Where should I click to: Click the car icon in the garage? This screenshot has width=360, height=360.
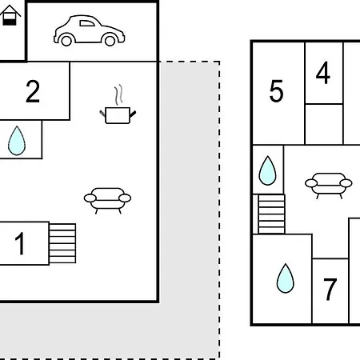[x=89, y=30]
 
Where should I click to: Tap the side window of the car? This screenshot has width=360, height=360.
[x=87, y=23]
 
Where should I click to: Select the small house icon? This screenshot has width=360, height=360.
[x=10, y=15]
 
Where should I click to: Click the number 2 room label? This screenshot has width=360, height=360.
[x=33, y=92]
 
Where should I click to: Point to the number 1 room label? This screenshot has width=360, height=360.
[x=20, y=243]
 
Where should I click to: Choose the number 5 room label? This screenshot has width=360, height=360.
[x=276, y=91]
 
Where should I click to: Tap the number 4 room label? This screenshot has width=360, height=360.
[x=323, y=73]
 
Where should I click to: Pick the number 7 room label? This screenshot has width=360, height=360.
[x=330, y=289]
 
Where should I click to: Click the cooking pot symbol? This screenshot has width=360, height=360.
[x=118, y=115]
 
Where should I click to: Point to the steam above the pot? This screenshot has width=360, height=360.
[x=118, y=94]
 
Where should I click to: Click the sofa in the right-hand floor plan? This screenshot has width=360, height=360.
[x=329, y=186]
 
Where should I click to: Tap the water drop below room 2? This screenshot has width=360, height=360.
[x=17, y=141]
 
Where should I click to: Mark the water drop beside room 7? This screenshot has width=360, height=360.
[x=286, y=278]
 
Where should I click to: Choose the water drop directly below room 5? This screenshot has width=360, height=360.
[x=267, y=170]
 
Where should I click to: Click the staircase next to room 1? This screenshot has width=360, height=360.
[x=62, y=243]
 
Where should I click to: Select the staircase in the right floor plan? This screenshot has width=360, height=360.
[x=271, y=214]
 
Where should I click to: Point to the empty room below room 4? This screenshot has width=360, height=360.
[x=324, y=124]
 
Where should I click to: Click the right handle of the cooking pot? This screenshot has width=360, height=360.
[x=133, y=114]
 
